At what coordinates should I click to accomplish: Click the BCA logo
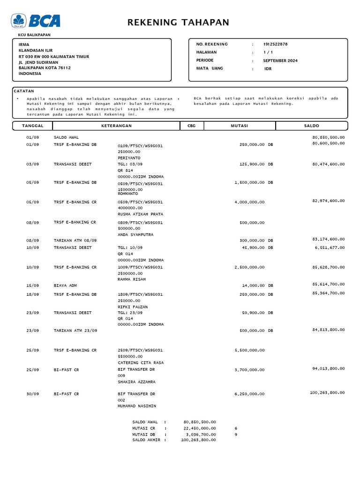click(x=36, y=21)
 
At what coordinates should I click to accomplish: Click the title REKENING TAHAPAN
click(x=179, y=22)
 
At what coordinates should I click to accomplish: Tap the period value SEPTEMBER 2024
click(x=280, y=60)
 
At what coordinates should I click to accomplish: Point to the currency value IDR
click(x=268, y=68)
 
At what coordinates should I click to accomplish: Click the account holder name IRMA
click(x=23, y=45)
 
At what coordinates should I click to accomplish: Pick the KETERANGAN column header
click(x=116, y=126)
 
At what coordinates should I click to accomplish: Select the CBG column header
click(x=191, y=126)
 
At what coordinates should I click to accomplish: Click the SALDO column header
click(x=311, y=126)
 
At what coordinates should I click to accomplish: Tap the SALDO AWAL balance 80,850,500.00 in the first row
click(x=328, y=137)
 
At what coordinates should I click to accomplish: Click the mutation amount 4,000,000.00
click(x=249, y=202)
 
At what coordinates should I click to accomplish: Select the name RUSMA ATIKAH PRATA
click(x=140, y=214)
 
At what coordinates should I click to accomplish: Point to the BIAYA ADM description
click(x=65, y=285)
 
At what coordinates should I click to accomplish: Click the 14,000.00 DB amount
click(x=257, y=285)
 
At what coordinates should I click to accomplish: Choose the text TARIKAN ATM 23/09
click(x=75, y=330)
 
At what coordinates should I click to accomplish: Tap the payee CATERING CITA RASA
click(x=141, y=362)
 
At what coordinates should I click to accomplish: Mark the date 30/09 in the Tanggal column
click(x=32, y=394)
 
